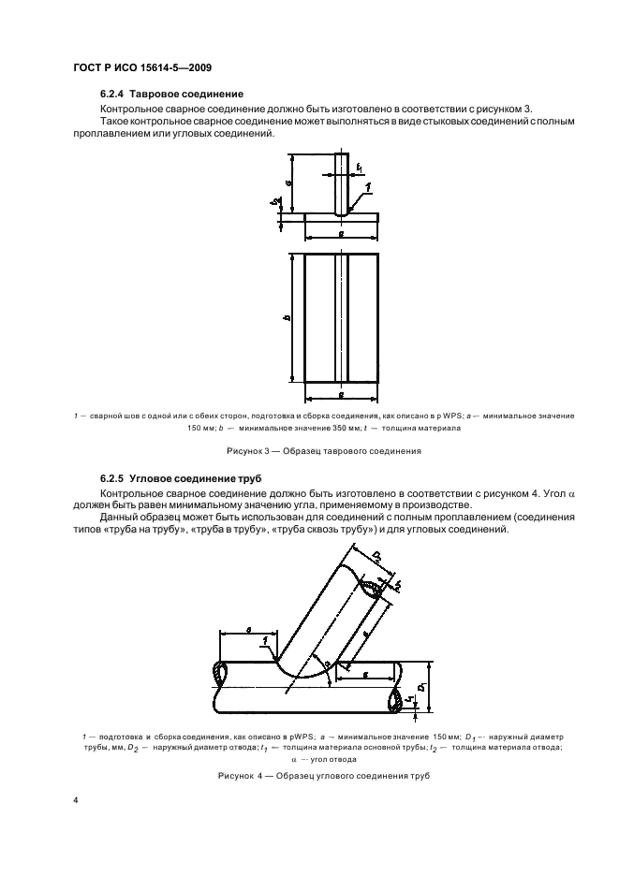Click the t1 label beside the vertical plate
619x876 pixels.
coord(360,169)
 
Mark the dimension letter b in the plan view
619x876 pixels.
coord(286,318)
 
